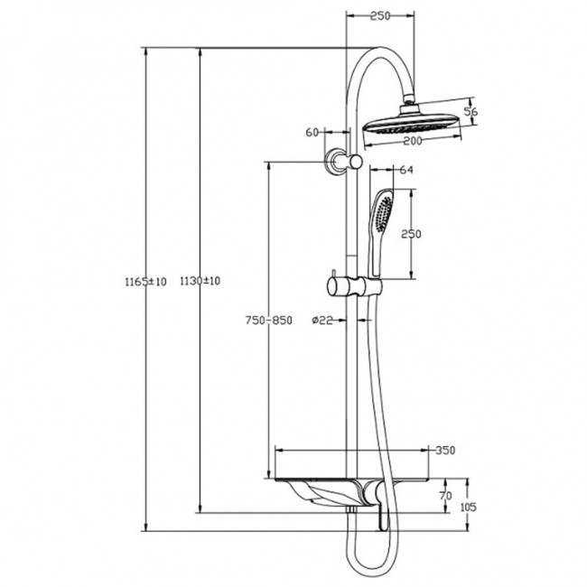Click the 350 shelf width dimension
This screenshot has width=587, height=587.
click(x=444, y=450)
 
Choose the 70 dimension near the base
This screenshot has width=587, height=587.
click(x=443, y=496)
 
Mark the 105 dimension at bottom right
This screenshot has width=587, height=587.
click(x=468, y=507)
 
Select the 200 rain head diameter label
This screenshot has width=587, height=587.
click(x=414, y=142)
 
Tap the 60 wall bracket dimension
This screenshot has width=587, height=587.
click(x=312, y=132)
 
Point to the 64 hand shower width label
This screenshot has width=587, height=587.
click(x=405, y=170)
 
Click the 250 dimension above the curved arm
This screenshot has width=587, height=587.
click(x=380, y=15)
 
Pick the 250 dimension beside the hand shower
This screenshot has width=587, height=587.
click(x=412, y=234)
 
